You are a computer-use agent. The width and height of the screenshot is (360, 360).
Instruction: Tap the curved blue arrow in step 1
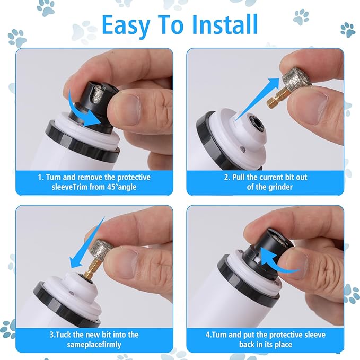85,109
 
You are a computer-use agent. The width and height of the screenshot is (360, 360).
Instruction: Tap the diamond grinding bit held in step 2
293,84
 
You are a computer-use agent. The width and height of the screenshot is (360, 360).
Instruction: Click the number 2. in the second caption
226,177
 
